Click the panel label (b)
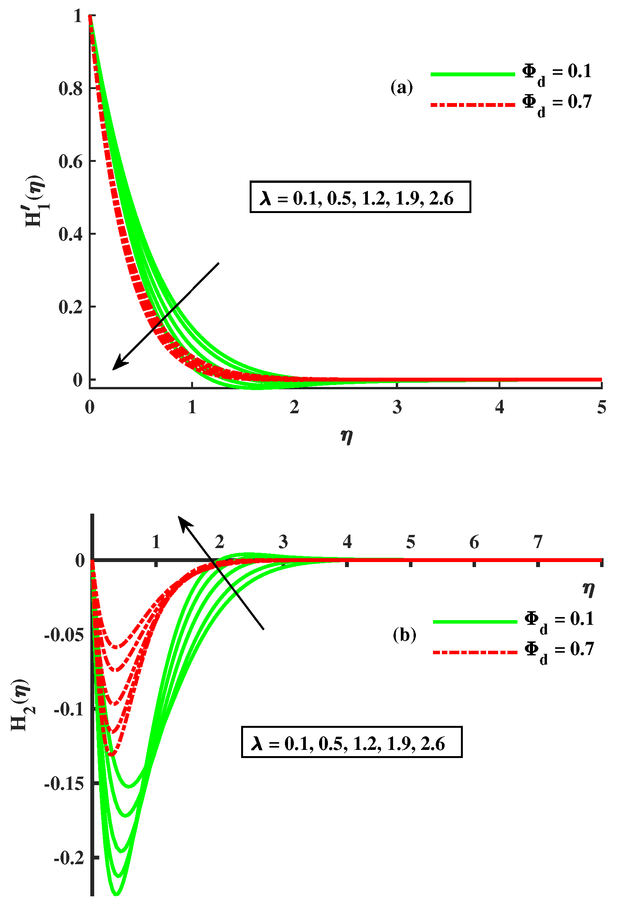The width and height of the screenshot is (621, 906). (x=404, y=635)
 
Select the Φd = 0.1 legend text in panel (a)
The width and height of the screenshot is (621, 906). (x=557, y=74)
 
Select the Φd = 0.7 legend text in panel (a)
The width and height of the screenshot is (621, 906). (x=557, y=104)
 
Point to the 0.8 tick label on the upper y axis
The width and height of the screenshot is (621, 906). (x=71, y=89)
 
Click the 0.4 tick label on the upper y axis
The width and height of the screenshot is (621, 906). (x=71, y=234)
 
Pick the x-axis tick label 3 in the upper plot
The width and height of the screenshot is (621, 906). (x=397, y=407)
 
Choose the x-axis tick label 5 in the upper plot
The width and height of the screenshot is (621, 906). (x=602, y=407)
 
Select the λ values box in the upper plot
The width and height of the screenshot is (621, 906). (x=360, y=197)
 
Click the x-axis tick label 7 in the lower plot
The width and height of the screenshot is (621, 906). (x=538, y=542)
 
